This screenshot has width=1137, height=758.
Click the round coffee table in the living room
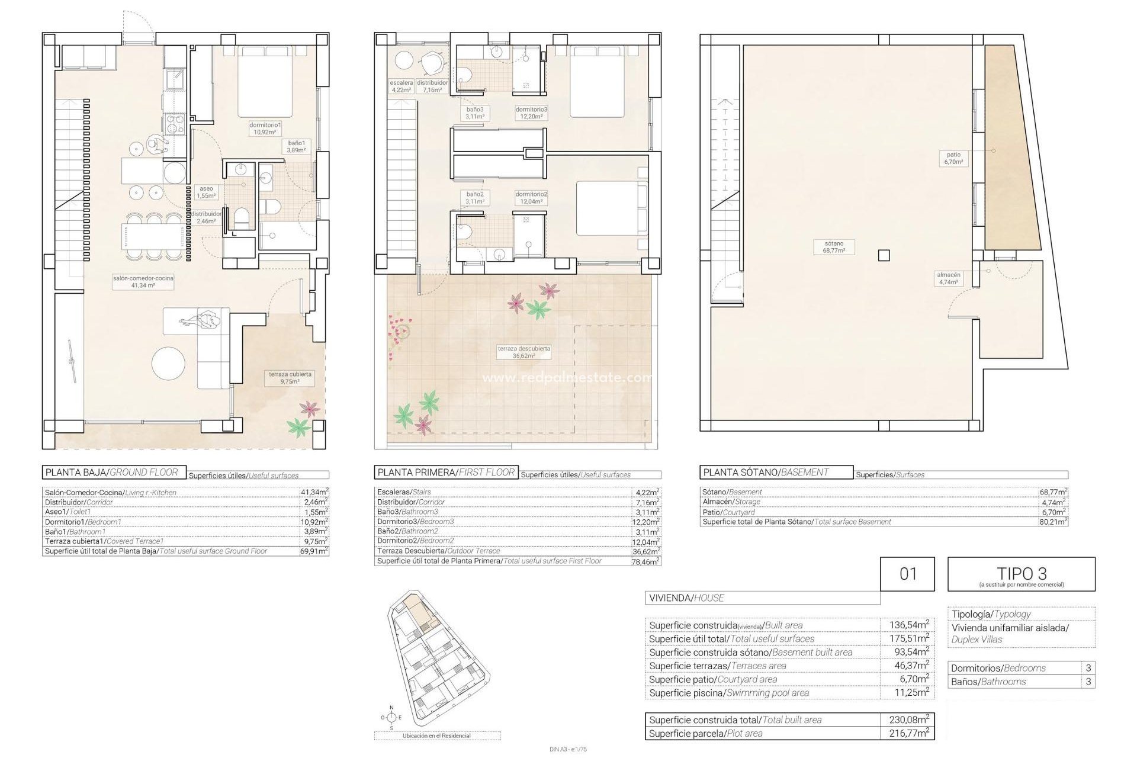click(x=168, y=363)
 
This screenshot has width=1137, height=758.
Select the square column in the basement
click(x=884, y=256)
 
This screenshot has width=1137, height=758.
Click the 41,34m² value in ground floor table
click(x=314, y=492)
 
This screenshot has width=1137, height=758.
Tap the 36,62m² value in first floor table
click(x=646, y=551)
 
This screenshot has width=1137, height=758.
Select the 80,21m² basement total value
click(x=1053, y=522)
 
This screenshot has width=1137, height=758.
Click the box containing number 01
click(x=908, y=573)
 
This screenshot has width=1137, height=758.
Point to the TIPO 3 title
click(x=1021, y=573)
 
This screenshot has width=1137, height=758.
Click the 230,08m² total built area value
click(x=908, y=720)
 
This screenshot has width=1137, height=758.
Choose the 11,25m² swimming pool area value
click(x=908, y=692)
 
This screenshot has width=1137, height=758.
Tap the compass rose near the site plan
click(x=391, y=718)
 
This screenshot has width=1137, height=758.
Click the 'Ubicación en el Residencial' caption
click(x=436, y=735)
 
